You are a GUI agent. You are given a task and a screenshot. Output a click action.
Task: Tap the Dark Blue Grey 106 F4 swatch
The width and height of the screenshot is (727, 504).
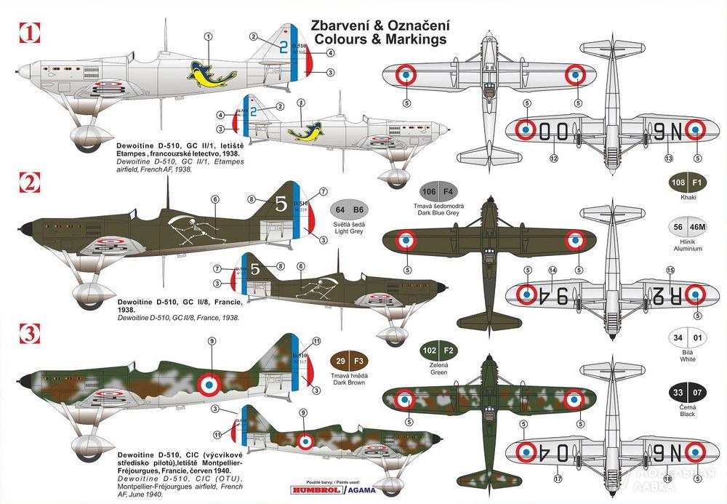point(439,192)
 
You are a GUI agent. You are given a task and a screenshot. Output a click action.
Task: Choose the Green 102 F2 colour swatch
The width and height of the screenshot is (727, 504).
point(438,348)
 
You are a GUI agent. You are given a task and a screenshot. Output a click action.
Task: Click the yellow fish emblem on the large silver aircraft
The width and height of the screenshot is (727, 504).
point(205,72)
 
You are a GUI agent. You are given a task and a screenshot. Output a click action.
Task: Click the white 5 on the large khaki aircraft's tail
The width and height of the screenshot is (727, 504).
point(281,206)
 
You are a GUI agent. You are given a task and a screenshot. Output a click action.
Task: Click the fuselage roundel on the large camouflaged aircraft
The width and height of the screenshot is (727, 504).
point(211,382)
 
